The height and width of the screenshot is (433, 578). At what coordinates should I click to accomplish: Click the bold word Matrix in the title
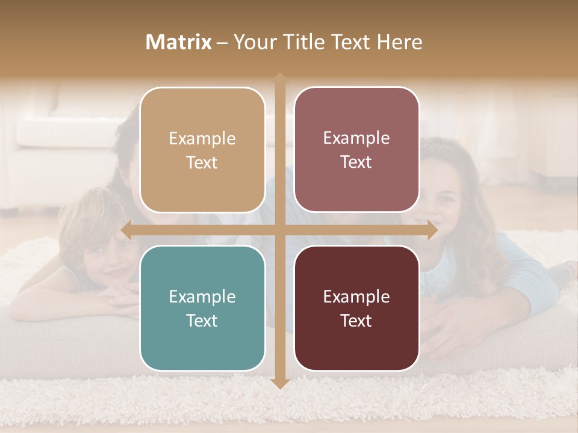[179, 42]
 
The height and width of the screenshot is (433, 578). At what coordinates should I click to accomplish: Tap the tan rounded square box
[202, 150]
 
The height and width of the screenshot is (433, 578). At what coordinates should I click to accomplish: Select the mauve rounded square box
[356, 150]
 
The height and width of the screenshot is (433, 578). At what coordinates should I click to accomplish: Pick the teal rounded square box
[202, 308]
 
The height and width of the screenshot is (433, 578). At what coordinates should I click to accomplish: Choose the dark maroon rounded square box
[356, 308]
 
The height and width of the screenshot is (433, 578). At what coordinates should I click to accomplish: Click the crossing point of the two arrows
[279, 230]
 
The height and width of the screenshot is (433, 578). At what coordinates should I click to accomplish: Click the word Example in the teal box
[202, 296]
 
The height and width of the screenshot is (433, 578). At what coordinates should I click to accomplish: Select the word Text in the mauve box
[356, 162]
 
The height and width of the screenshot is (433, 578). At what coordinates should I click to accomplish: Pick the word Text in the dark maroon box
[356, 321]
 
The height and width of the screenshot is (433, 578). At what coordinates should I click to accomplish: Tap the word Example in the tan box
[202, 138]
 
